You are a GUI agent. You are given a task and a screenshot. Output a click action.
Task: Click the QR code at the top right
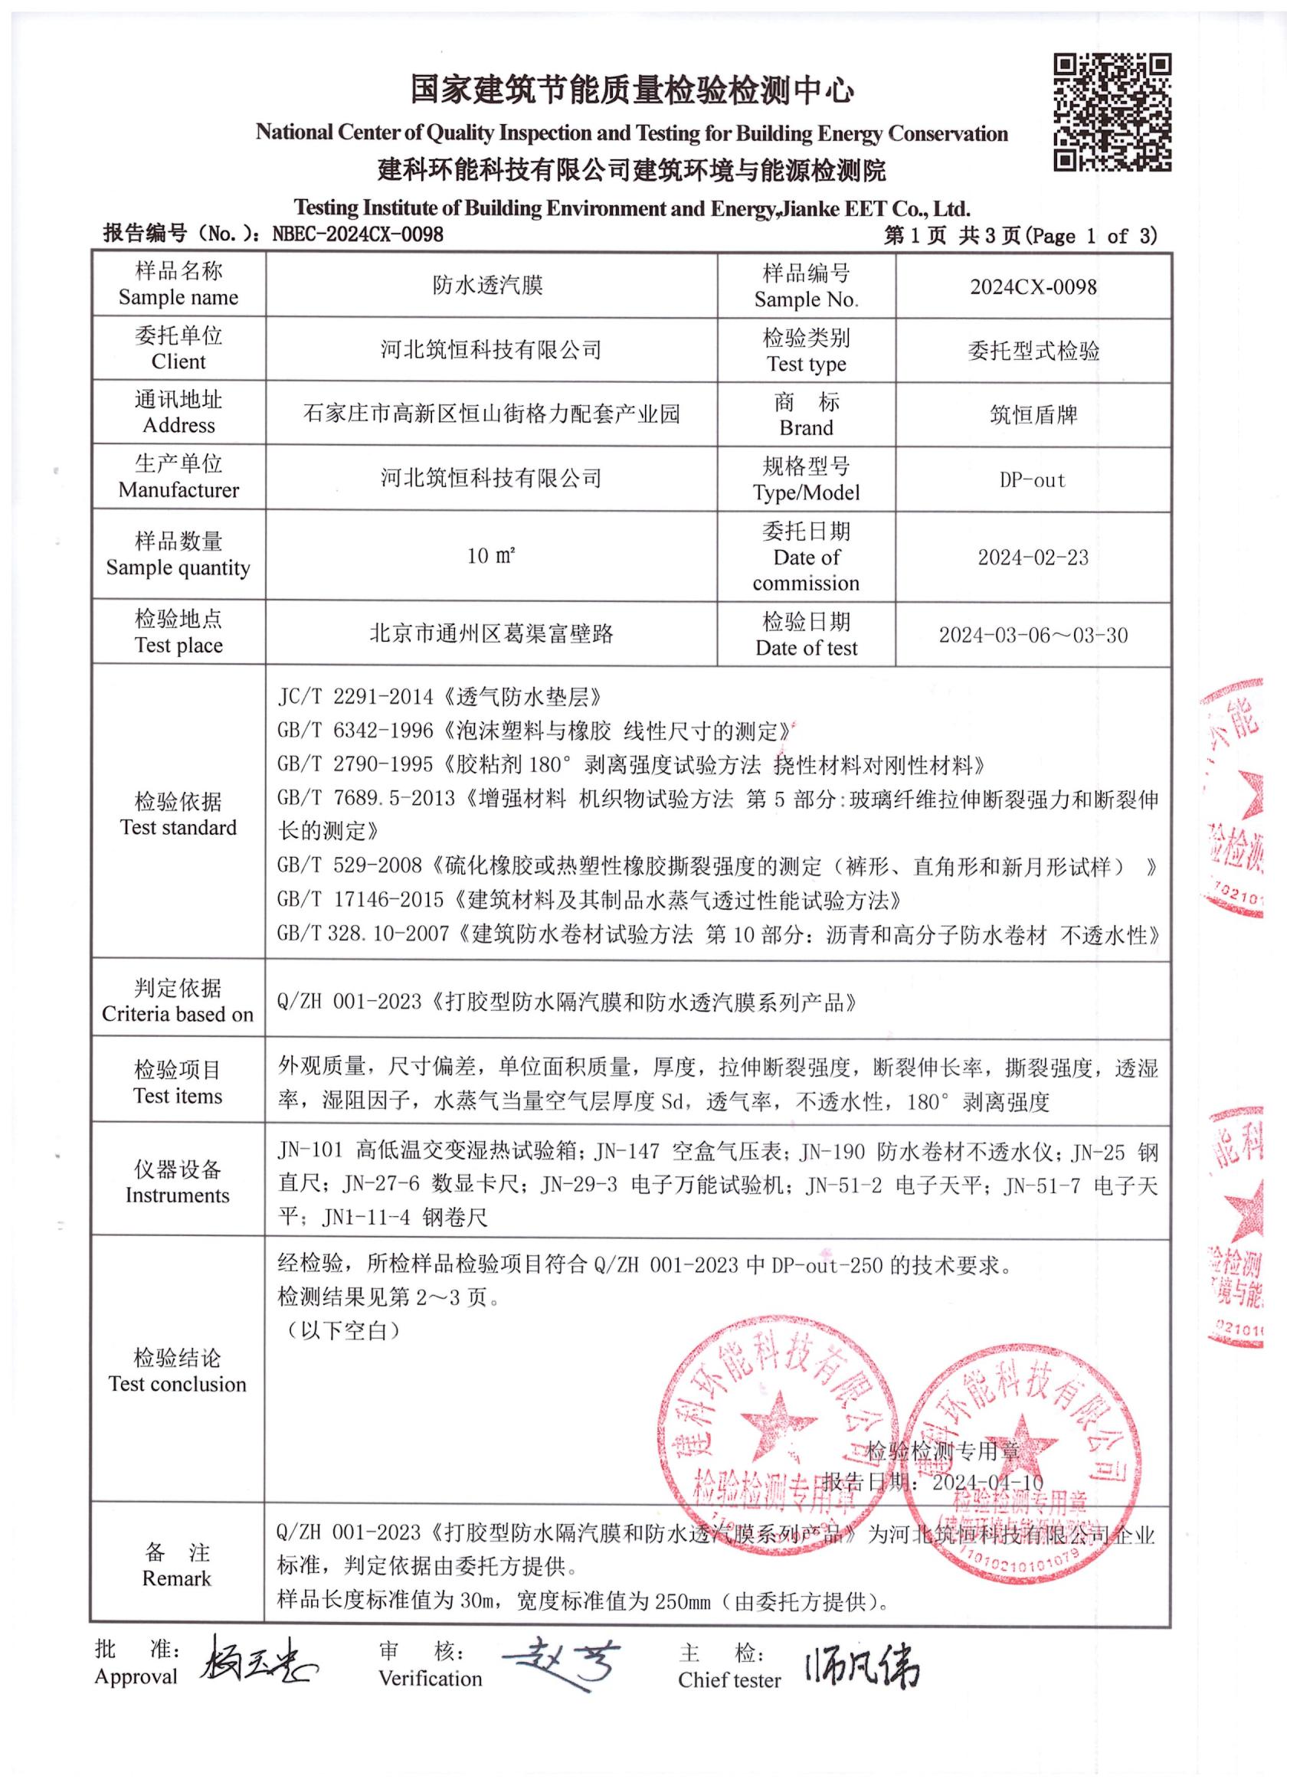[1112, 112]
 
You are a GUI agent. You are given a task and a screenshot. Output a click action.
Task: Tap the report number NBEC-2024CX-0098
[357, 234]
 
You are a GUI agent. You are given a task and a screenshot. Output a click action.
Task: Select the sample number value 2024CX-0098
[1033, 287]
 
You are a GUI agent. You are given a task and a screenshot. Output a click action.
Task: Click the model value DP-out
[1033, 480]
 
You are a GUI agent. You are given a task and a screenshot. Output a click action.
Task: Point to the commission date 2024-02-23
[1033, 558]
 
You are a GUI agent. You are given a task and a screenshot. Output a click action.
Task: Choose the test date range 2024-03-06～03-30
[1033, 635]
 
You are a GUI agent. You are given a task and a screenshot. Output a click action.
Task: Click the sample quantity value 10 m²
[490, 556]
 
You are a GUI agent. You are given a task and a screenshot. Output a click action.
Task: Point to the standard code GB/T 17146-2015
[362, 900]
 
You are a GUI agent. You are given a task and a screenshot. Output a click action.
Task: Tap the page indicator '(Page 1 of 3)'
[1092, 236]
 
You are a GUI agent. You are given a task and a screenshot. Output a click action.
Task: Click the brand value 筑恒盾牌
[1033, 415]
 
